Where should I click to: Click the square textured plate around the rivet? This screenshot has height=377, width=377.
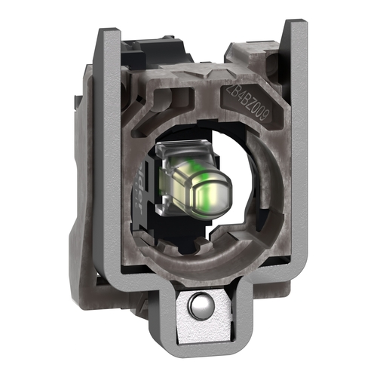[x=197, y=317]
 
